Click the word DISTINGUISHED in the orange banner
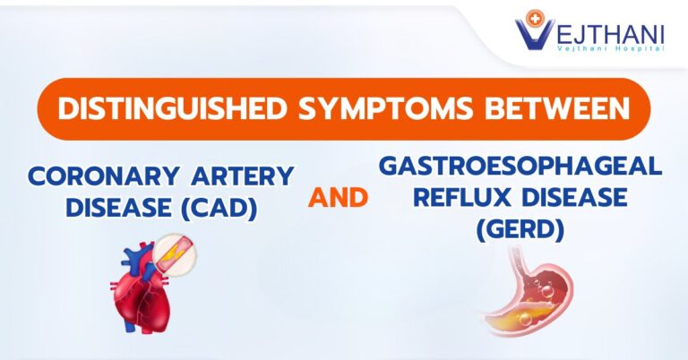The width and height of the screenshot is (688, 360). [172, 108]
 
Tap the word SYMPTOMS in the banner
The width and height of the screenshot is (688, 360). [386, 108]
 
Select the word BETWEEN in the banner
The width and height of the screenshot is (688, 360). [557, 108]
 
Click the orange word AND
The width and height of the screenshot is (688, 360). [338, 197]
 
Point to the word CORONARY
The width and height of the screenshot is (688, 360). [104, 176]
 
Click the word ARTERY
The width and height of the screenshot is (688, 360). [243, 176]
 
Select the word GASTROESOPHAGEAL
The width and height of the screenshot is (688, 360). [520, 166]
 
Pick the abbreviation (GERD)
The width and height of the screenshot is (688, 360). [520, 229]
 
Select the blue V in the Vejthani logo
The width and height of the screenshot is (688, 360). [532, 35]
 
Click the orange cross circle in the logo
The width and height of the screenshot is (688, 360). [535, 19]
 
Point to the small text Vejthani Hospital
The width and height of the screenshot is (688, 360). [610, 48]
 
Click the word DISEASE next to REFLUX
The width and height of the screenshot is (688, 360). [575, 197]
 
